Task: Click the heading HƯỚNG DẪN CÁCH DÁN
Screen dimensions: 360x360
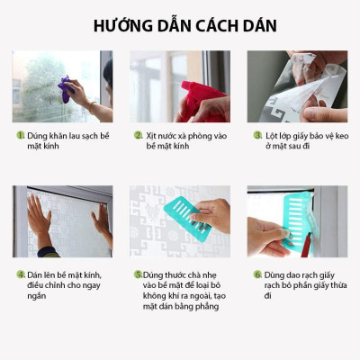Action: tap(180, 24)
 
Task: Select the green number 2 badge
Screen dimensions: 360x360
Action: tap(139, 136)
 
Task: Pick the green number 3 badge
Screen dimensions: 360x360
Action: tap(257, 136)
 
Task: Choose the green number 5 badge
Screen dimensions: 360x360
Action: tap(138, 274)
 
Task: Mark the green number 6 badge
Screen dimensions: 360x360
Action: tap(257, 274)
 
